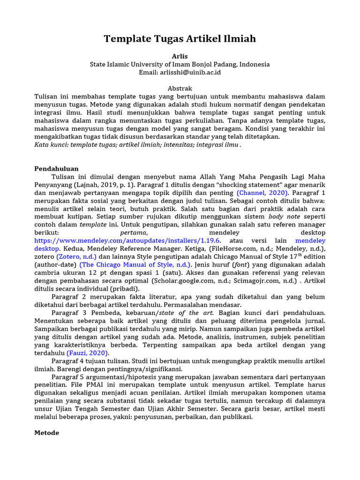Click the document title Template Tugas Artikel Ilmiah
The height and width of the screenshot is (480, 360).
click(x=180, y=39)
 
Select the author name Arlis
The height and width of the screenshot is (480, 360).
click(x=180, y=56)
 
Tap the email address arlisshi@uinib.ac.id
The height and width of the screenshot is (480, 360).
click(x=191, y=73)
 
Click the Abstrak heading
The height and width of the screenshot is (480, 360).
click(x=180, y=89)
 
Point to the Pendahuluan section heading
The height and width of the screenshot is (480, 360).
click(x=57, y=169)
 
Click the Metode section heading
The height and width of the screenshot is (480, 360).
click(x=47, y=433)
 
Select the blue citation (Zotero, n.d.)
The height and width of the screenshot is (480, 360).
click(x=76, y=257)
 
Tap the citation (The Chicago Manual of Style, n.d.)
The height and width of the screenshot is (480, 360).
click(x=135, y=265)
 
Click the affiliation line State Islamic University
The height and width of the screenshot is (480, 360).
click(x=180, y=64)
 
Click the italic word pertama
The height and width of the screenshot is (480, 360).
click(x=134, y=232)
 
